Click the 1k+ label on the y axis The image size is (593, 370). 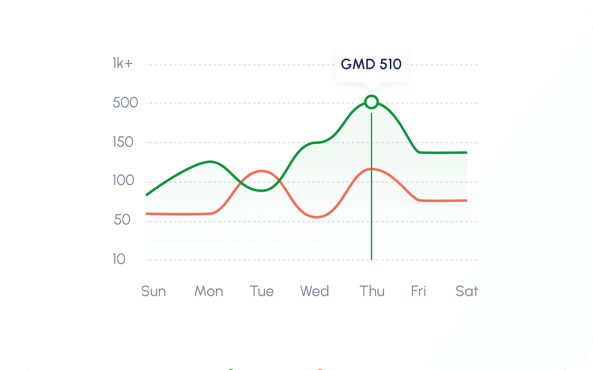[x=122, y=64]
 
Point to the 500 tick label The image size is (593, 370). [x=125, y=102]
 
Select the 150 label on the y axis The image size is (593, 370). [x=123, y=142]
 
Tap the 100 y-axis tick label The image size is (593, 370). [x=123, y=180]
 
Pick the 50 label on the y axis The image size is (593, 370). [x=122, y=220]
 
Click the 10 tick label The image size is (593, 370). [x=119, y=259]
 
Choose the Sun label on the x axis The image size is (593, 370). [x=153, y=291]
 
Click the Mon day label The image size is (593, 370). [x=209, y=291]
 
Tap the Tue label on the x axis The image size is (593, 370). [x=262, y=291]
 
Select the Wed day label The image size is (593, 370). [x=314, y=291]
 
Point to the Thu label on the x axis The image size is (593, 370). [x=372, y=291]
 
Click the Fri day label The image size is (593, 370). [x=418, y=291]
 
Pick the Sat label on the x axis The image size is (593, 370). [x=466, y=291]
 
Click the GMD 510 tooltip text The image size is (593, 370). [x=371, y=64]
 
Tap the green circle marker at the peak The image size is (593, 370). [x=372, y=102]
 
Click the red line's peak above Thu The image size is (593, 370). [x=372, y=169]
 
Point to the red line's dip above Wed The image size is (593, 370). [x=317, y=217]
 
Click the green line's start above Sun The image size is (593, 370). [x=147, y=195]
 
